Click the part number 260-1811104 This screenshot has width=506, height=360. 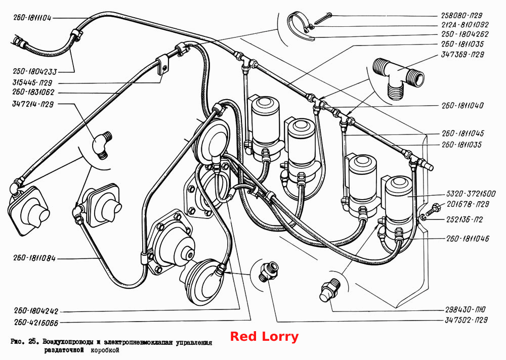(x=32, y=18)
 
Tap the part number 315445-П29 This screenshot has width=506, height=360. (x=32, y=82)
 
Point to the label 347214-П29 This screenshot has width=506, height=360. (x=33, y=104)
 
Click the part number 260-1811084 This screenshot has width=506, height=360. (x=34, y=258)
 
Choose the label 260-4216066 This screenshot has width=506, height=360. (x=36, y=322)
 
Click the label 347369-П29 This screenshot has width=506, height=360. (x=462, y=55)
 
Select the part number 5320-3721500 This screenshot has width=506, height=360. (x=471, y=194)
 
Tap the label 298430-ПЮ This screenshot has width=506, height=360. (x=466, y=309)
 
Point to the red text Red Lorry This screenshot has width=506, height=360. (x=264, y=336)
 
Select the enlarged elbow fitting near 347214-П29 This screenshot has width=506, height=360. (x=103, y=145)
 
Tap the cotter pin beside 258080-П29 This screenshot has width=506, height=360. (x=323, y=18)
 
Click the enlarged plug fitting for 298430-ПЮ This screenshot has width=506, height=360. (x=330, y=290)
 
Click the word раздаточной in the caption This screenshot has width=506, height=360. (x=64, y=350)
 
